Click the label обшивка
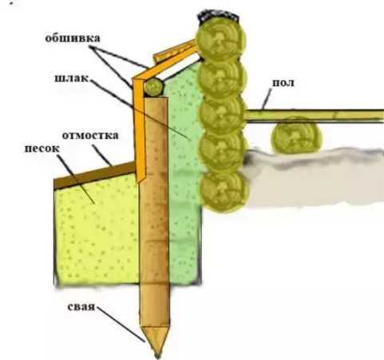coord(73,38)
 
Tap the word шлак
coord(71,78)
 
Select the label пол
coord(283,82)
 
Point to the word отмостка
coord(90,135)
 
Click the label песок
coord(42,148)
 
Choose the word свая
coord(81,307)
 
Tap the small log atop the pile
coord(153,87)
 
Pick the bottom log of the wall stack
coord(224,191)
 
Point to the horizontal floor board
coord(314,116)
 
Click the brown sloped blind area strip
coord(95,174)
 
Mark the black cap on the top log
coord(218,16)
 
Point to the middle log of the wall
coord(222,113)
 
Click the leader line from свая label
coord(121,324)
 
